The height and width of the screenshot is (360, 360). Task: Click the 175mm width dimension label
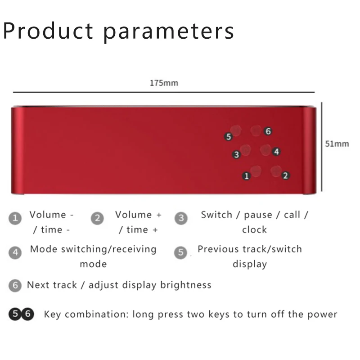tap(164, 83)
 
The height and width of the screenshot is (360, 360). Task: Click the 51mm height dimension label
tap(337, 144)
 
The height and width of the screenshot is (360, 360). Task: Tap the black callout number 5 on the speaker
tap(229, 137)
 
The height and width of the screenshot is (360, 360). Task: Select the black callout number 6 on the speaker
tap(268, 131)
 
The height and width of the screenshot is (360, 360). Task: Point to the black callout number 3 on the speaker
tap(236, 154)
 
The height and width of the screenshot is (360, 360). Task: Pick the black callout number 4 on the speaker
tap(276, 152)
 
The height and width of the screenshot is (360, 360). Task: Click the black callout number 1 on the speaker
tap(247, 176)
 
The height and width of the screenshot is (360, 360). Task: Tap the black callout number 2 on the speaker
tap(285, 175)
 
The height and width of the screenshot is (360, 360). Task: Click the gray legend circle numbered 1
tap(15, 218)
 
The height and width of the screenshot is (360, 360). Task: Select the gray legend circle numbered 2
tap(97, 218)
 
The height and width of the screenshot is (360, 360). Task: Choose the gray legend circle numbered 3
tap(181, 218)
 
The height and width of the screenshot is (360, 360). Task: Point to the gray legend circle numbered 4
tap(15, 252)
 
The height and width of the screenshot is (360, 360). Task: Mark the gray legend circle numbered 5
tap(181, 252)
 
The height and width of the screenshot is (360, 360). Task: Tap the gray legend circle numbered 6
tap(15, 285)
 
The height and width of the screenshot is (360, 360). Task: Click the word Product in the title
tap(48, 31)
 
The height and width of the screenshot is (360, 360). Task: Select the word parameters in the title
tap(169, 32)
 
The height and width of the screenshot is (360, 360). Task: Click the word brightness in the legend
tap(186, 285)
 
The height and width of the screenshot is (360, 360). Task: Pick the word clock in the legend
tap(254, 229)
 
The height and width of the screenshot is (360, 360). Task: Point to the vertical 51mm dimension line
tap(322, 147)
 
